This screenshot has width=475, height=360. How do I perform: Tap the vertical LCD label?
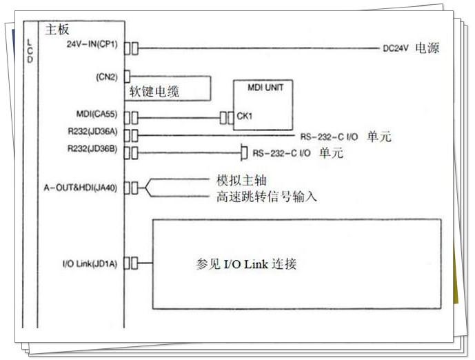coord(29,50)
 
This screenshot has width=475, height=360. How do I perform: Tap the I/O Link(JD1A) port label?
coord(90,263)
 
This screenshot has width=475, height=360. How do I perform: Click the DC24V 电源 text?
coord(411,49)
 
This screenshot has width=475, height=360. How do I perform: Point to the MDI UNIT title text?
coord(265,88)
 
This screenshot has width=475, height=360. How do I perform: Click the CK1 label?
coord(244,117)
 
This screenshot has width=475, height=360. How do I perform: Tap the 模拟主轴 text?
coord(241,180)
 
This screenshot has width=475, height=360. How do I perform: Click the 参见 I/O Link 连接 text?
coord(246,264)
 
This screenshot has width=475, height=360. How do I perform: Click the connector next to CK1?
coord(226,117)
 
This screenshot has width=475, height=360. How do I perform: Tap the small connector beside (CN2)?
coord(126,77)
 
